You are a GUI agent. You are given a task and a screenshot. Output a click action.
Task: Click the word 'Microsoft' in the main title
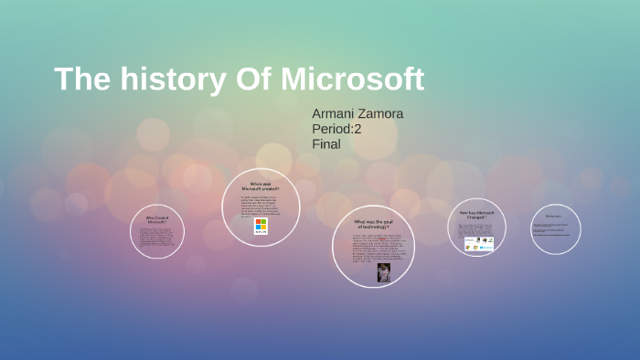click(352, 79)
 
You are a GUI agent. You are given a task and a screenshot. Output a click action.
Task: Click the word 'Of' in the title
click(246, 79)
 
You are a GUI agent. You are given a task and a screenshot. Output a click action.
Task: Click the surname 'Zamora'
click(382, 113)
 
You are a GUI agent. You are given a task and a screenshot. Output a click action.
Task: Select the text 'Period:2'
click(337, 129)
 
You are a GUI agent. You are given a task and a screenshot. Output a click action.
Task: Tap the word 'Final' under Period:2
click(325, 143)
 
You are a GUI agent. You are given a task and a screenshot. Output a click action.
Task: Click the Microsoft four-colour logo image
click(261, 226)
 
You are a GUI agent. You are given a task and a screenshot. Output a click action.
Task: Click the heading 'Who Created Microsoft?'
click(157, 219)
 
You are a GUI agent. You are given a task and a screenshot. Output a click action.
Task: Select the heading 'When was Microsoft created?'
click(261, 186)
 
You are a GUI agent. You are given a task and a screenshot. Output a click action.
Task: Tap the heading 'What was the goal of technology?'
click(372, 224)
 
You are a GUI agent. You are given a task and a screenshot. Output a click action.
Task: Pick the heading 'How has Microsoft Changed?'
click(476, 216)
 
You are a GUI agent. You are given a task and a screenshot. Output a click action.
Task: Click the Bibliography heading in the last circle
click(554, 217)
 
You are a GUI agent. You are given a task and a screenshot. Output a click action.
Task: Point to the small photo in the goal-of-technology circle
click(383, 271)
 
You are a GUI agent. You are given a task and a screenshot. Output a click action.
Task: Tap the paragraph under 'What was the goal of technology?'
click(372, 248)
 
